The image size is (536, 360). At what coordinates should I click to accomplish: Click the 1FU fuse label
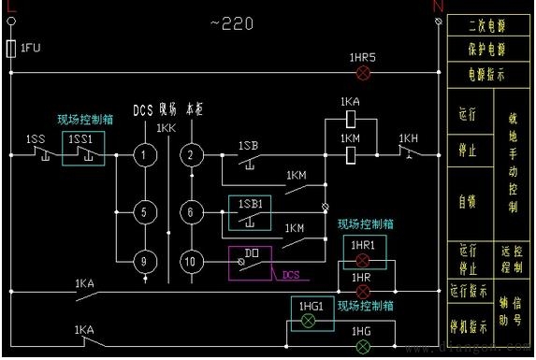30,47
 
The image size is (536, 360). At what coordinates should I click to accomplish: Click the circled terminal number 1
143,155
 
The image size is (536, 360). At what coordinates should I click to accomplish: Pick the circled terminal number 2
191,155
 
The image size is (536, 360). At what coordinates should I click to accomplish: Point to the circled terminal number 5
143,212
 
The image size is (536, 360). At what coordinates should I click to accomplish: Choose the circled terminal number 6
191,212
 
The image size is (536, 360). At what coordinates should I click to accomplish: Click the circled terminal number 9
143,263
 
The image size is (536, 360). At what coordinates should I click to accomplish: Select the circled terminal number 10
191,263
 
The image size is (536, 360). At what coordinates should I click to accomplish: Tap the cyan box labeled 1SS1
83,148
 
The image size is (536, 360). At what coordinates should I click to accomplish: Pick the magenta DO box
250,261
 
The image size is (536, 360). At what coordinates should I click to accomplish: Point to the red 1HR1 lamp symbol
363,259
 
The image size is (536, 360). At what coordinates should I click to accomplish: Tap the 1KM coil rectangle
349,155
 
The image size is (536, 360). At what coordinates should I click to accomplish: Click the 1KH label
409,138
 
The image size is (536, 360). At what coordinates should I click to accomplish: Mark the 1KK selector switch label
166,127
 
